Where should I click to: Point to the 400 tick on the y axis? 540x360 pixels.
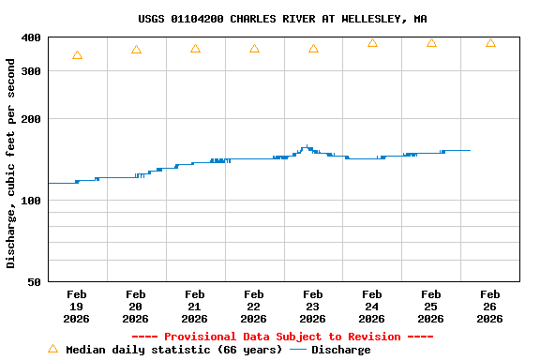(x=32, y=37)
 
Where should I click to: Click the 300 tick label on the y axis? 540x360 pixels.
(x=32, y=71)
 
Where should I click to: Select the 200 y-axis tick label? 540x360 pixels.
(x=32, y=119)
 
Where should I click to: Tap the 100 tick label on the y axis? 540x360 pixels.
(x=32, y=201)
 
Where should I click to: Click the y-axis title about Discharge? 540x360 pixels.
(x=11, y=163)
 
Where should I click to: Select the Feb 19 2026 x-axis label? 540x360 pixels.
(x=77, y=307)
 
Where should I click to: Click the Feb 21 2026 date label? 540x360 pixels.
(x=195, y=307)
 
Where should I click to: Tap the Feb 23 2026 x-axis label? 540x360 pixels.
(x=313, y=307)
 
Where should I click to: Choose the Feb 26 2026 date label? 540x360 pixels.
(x=490, y=307)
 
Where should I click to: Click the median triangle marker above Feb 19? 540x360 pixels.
(x=77, y=55)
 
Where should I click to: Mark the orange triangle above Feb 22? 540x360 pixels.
(x=254, y=49)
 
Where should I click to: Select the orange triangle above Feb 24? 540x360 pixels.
(x=372, y=43)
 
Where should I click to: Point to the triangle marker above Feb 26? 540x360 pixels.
(x=490, y=43)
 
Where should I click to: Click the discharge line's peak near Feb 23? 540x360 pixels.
(x=307, y=146)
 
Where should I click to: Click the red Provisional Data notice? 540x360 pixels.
(x=282, y=337)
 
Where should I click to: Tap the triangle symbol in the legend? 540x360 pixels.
(x=52, y=349)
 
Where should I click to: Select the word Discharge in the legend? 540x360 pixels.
(x=340, y=350)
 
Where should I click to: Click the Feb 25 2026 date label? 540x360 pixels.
(x=431, y=307)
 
